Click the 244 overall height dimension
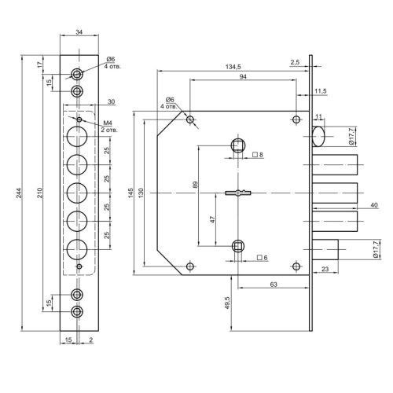(20, 193)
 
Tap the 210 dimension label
(39, 193)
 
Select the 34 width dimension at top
(79, 32)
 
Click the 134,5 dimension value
(233, 67)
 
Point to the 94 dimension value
(243, 77)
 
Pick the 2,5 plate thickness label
(295, 62)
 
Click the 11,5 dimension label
(321, 91)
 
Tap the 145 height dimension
(130, 193)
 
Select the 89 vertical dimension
(195, 185)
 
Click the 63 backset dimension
(274, 285)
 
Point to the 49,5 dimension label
(227, 303)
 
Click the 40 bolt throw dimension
(374, 205)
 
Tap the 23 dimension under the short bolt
(325, 269)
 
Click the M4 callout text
(108, 123)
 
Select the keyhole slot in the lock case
(238, 193)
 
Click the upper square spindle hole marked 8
(238, 145)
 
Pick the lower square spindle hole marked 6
(238, 246)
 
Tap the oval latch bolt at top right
(318, 136)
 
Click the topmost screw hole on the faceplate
(77, 75)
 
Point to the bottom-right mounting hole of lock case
(296, 266)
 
